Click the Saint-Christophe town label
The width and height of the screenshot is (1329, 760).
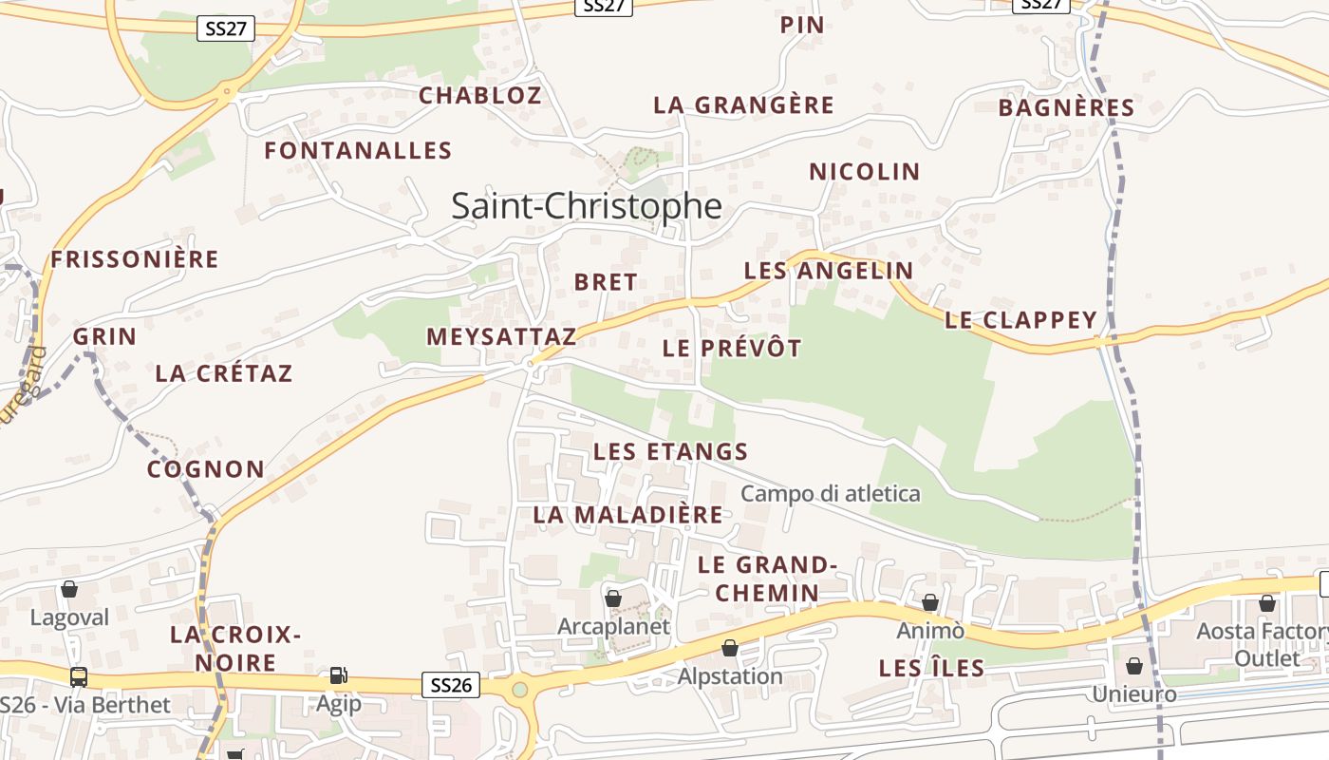586,206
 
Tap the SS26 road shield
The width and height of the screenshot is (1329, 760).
451,685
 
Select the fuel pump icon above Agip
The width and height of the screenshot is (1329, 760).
338,675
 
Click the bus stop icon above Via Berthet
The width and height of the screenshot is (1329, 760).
79,677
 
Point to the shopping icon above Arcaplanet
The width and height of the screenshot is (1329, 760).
613,598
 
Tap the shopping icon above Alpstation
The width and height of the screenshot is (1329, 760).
730,648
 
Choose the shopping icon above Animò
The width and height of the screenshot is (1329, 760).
930,602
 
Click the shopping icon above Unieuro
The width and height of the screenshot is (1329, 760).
1134,665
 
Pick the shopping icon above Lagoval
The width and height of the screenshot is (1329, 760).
69,589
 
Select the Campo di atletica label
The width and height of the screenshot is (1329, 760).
831,494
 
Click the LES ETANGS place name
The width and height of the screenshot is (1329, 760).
671,451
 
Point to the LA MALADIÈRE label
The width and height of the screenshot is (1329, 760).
628,515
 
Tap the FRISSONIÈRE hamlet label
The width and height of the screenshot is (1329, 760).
135,259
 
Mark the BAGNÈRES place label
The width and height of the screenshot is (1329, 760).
1067,108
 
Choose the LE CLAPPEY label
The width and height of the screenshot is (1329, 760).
1021,320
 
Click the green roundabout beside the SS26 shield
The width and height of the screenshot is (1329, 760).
519,689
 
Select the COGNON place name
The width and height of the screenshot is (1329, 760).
206,469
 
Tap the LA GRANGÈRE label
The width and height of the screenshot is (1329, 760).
743,105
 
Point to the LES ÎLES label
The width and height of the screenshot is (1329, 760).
931,669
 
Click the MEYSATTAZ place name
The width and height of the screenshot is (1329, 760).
501,336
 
